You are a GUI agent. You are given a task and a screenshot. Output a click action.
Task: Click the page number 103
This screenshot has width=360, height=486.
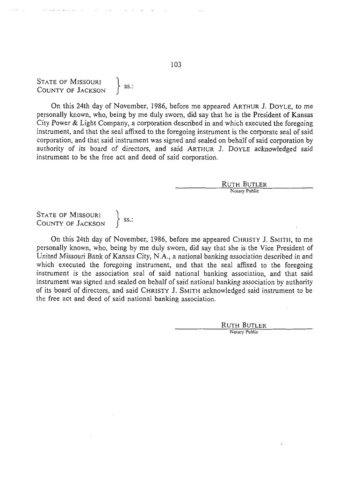click(176, 64)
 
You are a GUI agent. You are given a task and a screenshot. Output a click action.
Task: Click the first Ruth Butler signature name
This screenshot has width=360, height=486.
click(244, 184)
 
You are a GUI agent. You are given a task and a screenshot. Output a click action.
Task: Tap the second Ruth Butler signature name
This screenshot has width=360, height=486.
click(244, 326)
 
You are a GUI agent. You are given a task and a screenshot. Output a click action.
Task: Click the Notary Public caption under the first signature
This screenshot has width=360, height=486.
click(244, 191)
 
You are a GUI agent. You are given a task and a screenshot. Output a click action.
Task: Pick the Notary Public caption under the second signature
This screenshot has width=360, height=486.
click(244, 332)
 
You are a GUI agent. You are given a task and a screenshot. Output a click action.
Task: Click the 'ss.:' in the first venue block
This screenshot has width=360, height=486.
click(129, 86)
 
